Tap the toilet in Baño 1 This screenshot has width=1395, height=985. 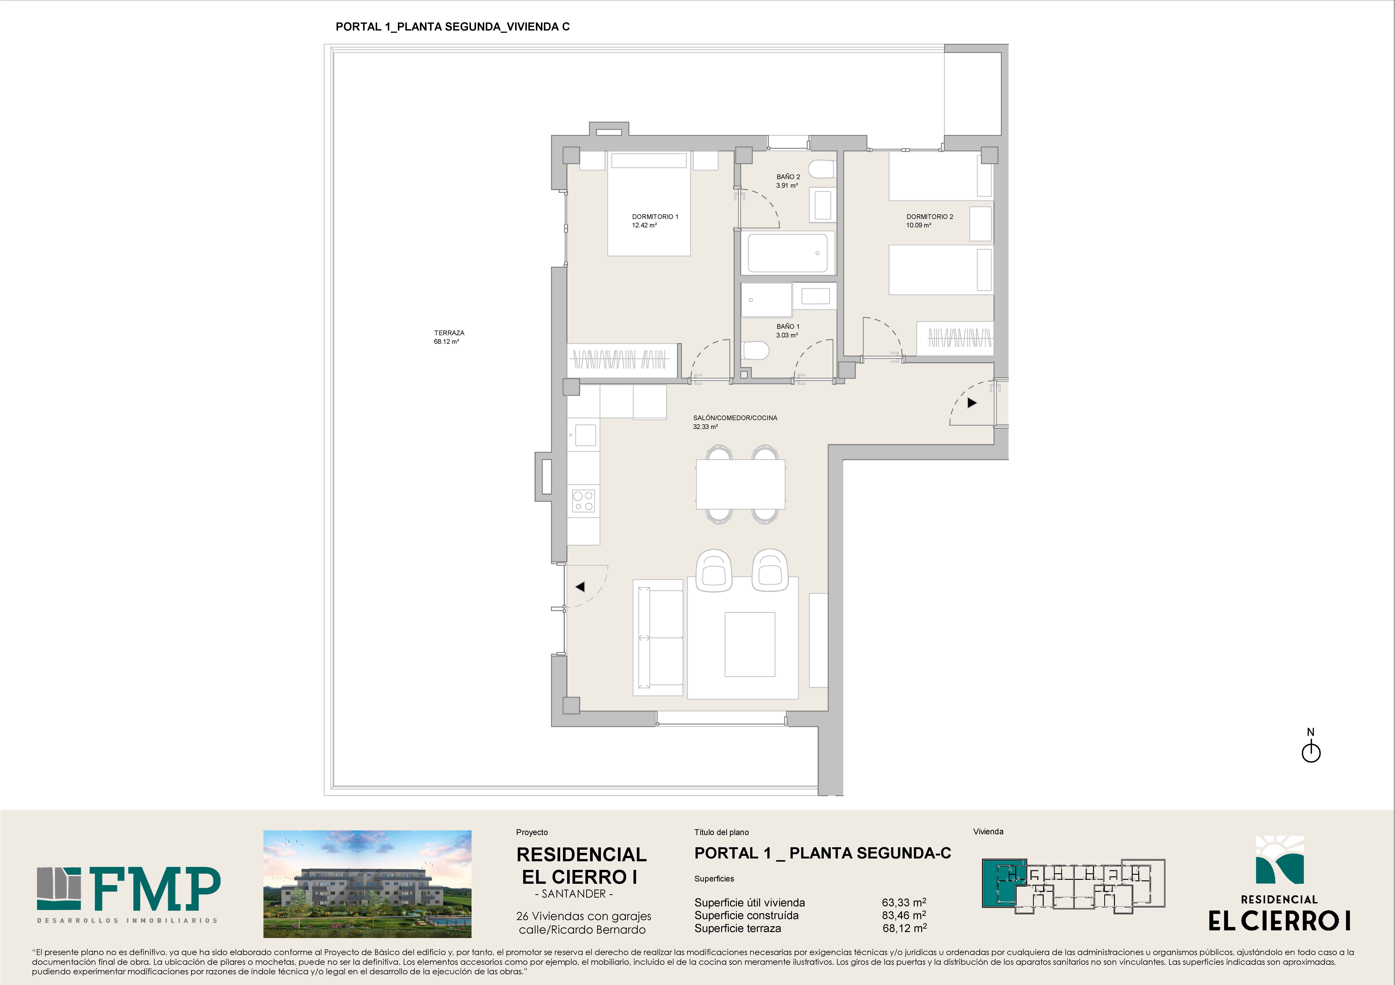click(x=756, y=350)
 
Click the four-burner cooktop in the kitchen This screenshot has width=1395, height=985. click(x=583, y=500)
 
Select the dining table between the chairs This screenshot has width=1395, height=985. click(x=741, y=484)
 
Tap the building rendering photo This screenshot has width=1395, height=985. click(x=367, y=884)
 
